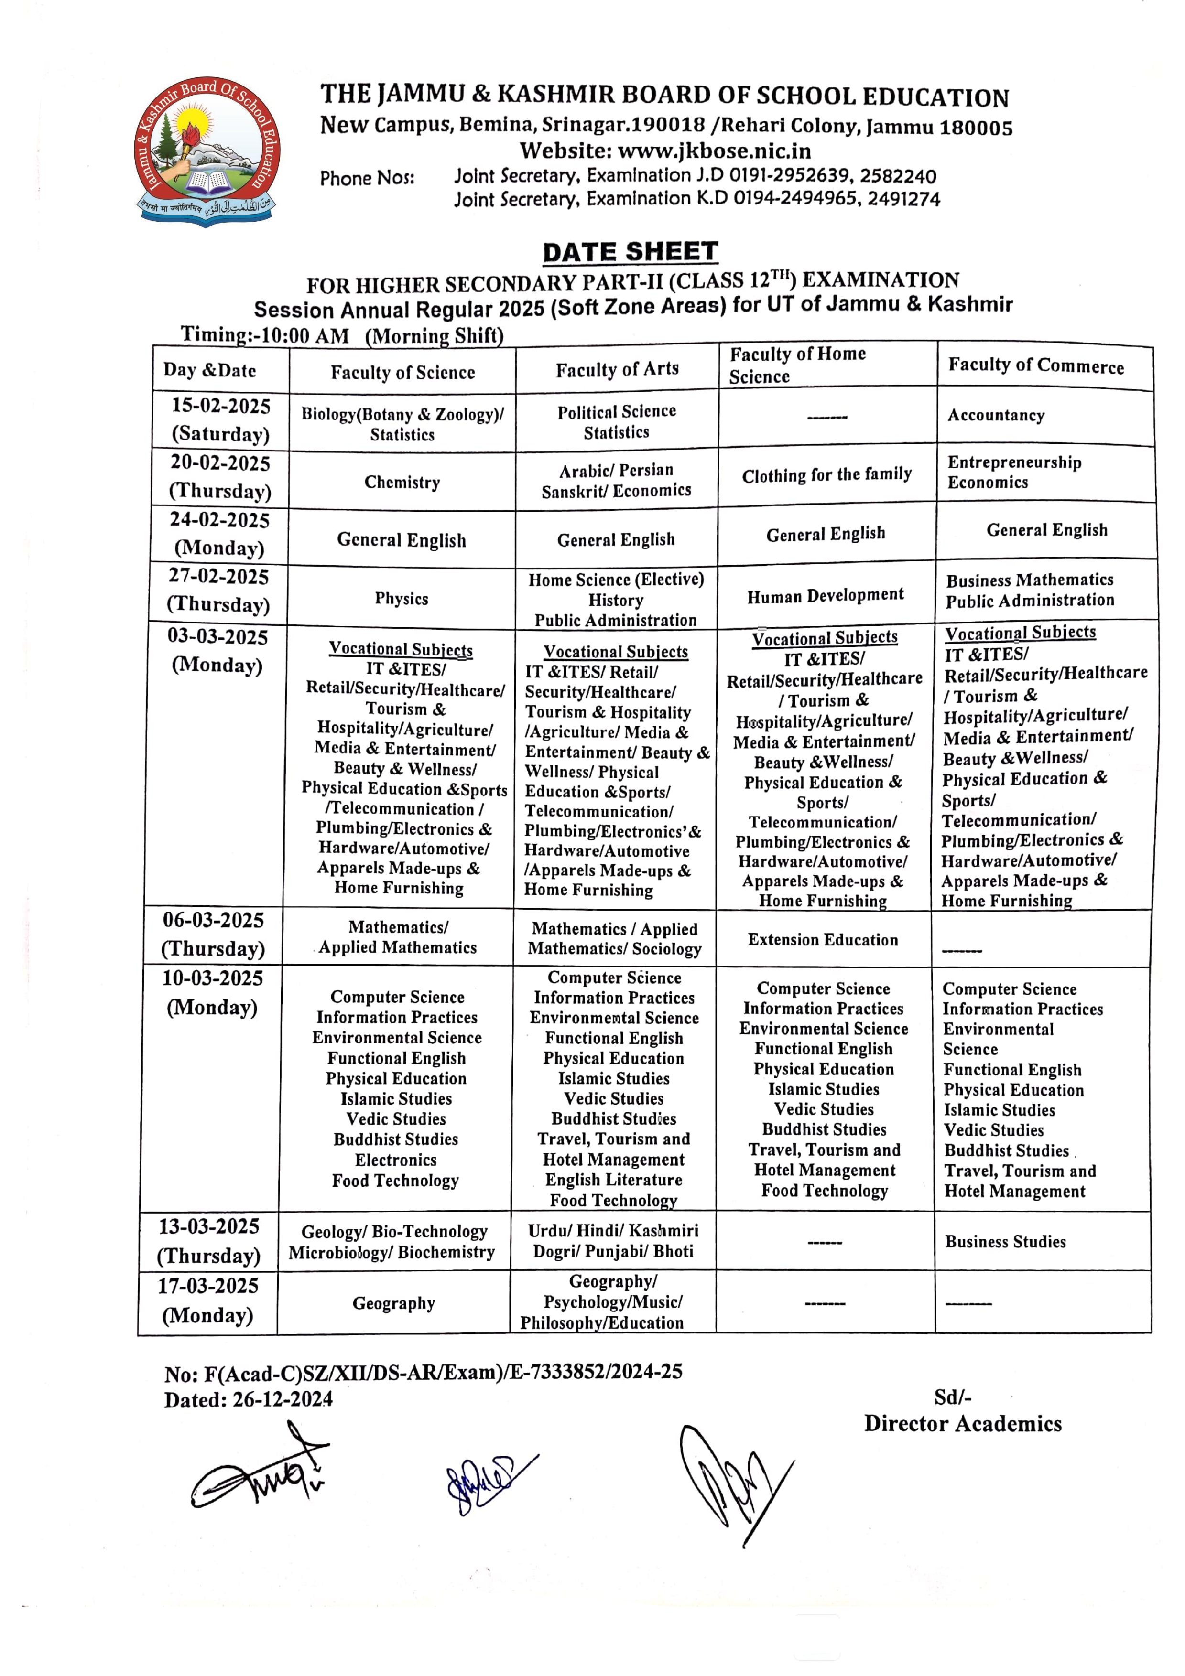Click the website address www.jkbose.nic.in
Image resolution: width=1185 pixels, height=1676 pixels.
click(713, 151)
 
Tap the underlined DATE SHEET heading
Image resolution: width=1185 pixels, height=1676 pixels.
click(630, 252)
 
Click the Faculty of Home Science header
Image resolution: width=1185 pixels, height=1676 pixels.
click(797, 365)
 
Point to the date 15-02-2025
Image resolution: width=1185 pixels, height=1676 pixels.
click(220, 406)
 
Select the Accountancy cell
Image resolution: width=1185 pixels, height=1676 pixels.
click(996, 415)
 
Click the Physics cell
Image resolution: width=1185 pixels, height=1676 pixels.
click(402, 599)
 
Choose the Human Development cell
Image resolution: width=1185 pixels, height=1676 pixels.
click(825, 596)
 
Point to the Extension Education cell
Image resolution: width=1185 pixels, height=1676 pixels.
click(823, 939)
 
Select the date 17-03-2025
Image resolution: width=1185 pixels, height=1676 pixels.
click(208, 1286)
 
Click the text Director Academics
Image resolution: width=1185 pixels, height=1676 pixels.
click(962, 1423)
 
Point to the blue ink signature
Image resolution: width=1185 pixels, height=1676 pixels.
click(486, 1482)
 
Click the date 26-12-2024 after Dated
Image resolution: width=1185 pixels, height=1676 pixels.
click(282, 1399)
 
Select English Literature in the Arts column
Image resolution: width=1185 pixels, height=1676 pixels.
click(613, 1180)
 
